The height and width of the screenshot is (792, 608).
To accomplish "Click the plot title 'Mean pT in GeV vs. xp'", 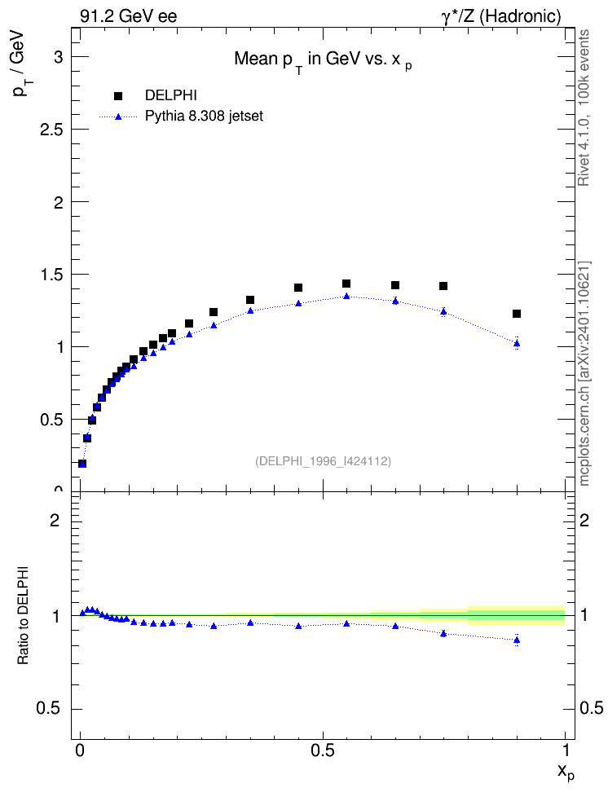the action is click(x=323, y=60).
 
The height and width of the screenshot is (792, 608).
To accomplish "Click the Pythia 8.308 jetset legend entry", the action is click(x=181, y=117).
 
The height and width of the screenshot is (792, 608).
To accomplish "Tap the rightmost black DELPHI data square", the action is click(x=516, y=314).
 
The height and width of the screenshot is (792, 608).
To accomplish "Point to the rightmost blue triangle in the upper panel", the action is click(x=516, y=344).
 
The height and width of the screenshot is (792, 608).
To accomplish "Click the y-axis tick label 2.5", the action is click(x=51, y=130).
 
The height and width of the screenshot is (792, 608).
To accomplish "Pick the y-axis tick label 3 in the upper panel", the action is click(x=59, y=57).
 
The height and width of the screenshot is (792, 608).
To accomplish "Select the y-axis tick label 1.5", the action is click(x=51, y=275).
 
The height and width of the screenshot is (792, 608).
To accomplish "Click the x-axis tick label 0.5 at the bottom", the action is click(x=323, y=750).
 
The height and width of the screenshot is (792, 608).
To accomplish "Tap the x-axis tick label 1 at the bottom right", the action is click(x=566, y=750).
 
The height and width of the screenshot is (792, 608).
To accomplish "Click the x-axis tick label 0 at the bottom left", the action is click(x=80, y=750).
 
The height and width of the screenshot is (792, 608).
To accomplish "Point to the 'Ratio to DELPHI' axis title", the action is click(x=23, y=614).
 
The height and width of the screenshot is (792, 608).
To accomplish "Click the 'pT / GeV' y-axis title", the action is click(x=20, y=64).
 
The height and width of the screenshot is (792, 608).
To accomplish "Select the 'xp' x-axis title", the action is click(x=566, y=772).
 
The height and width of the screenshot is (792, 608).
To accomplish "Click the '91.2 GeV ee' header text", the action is click(x=129, y=16).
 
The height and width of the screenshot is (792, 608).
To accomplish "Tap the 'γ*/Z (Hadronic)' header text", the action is click(x=501, y=16).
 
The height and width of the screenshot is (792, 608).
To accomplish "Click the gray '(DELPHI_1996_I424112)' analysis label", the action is click(x=323, y=461).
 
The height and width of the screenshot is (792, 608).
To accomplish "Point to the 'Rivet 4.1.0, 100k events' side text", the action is click(x=584, y=108).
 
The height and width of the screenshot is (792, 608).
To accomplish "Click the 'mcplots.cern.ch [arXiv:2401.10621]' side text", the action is click(x=584, y=373).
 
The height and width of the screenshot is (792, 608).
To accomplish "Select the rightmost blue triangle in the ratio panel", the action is click(x=516, y=640).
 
